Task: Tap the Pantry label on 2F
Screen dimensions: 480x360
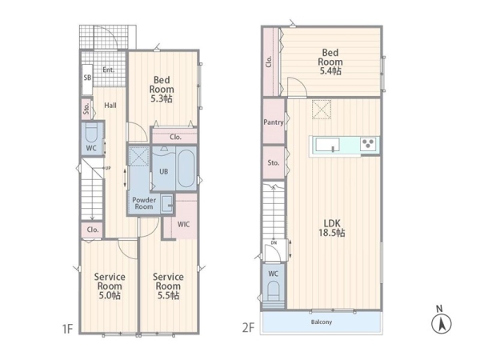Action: tap(274, 122)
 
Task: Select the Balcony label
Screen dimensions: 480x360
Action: tap(322, 322)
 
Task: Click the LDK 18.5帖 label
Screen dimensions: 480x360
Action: tap(332, 228)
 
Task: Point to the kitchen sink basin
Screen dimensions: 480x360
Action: tap(327, 145)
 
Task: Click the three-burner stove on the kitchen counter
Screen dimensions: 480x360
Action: tap(368, 144)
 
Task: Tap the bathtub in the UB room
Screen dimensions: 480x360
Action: tap(186, 168)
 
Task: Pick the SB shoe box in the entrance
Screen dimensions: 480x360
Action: tap(87, 79)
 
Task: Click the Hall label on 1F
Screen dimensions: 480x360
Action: tap(110, 106)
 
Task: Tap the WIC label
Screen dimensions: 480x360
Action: tap(184, 224)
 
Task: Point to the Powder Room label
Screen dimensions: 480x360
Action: tap(144, 203)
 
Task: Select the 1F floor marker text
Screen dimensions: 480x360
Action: tap(67, 329)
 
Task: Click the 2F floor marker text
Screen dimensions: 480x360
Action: tap(248, 328)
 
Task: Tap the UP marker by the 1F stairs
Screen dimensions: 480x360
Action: tap(108, 168)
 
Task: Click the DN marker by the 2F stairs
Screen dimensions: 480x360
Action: tap(274, 242)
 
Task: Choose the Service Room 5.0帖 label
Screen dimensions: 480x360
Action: tap(110, 286)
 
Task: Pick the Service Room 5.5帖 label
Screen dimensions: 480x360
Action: tap(168, 286)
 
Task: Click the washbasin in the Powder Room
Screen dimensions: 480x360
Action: tap(167, 203)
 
